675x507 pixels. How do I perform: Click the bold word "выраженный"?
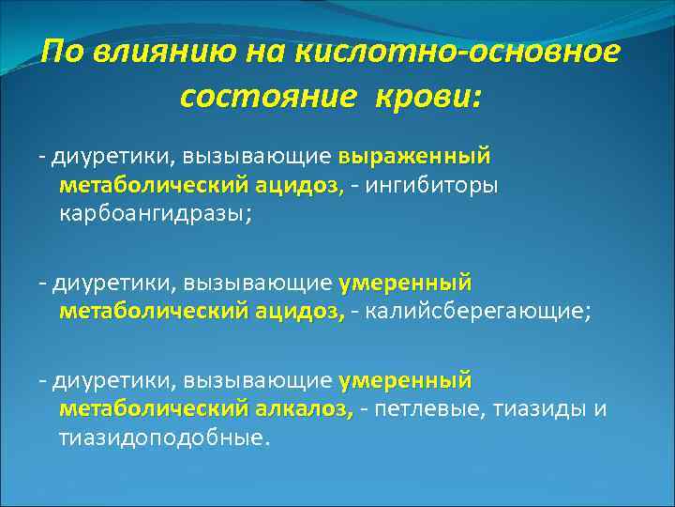pos(414,153)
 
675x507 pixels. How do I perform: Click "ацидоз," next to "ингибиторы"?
pos(301,185)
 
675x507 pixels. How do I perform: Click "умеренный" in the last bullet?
pos(405,379)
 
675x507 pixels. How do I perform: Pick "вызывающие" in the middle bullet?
pos(258,282)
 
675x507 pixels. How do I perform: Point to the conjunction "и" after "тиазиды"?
pos(601,410)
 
